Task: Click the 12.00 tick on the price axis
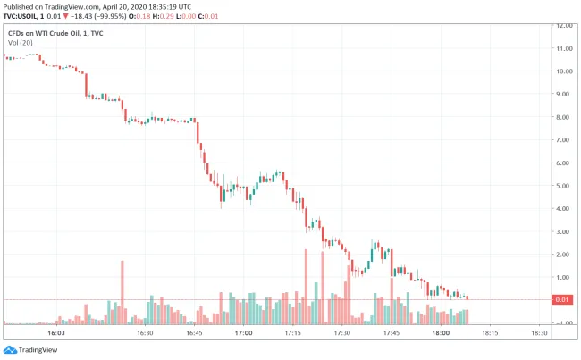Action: pyautogui.click(x=563, y=25)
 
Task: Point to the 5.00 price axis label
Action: pyautogui.click(x=563, y=186)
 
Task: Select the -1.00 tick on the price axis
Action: pyautogui.click(x=563, y=323)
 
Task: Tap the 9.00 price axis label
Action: pyautogui.click(x=563, y=94)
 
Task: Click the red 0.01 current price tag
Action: pyautogui.click(x=564, y=300)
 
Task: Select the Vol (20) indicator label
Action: pyautogui.click(x=19, y=43)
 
